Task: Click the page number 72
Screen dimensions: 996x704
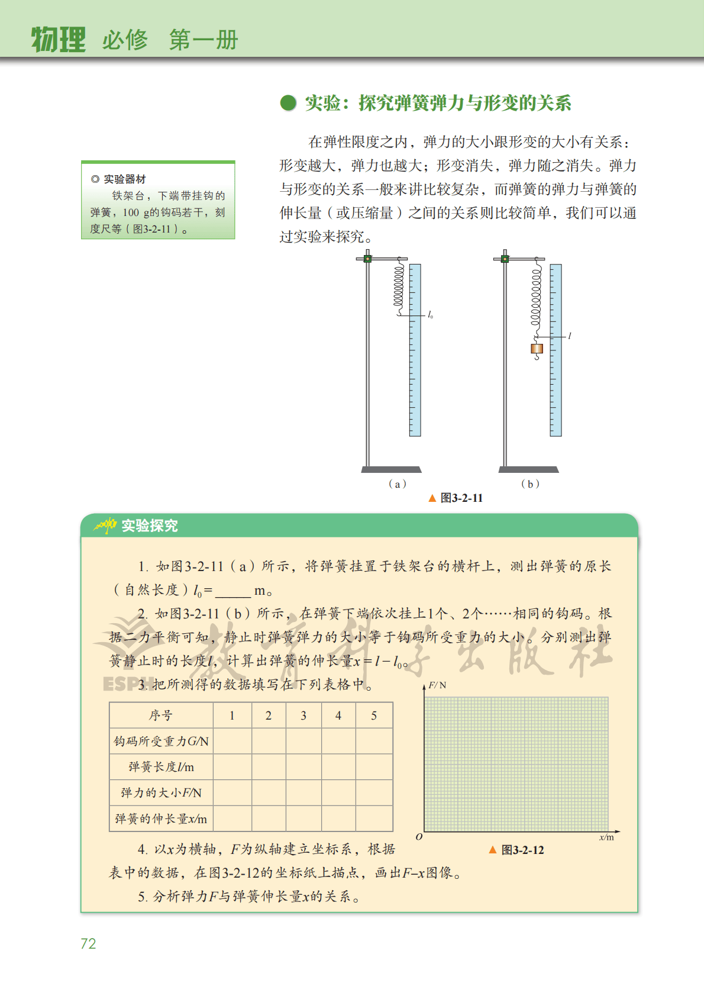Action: pyautogui.click(x=88, y=943)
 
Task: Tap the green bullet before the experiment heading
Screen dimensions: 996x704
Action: pyautogui.click(x=288, y=103)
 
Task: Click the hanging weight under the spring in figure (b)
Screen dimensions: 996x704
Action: pyautogui.click(x=537, y=349)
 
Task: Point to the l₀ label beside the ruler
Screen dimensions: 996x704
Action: pyautogui.click(x=430, y=315)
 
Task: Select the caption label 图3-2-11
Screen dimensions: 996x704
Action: pyautogui.click(x=461, y=498)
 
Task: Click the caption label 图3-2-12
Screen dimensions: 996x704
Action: pyautogui.click(x=522, y=850)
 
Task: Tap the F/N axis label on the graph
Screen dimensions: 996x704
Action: pyautogui.click(x=437, y=685)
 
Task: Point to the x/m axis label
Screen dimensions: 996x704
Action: pyautogui.click(x=606, y=837)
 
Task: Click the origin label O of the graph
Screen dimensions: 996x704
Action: pyautogui.click(x=419, y=837)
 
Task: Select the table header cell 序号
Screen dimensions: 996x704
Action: pyautogui.click(x=161, y=715)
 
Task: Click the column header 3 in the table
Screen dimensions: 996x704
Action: pyautogui.click(x=303, y=715)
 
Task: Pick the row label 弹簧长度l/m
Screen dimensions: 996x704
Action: pyautogui.click(x=161, y=767)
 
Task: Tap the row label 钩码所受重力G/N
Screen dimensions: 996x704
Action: pyautogui.click(x=161, y=741)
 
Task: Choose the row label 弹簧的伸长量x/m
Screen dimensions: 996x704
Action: pyautogui.click(x=161, y=818)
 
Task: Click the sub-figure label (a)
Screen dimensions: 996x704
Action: pyautogui.click(x=397, y=484)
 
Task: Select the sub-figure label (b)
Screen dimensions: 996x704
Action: pyautogui.click(x=529, y=484)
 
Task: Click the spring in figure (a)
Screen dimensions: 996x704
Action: pyautogui.click(x=399, y=286)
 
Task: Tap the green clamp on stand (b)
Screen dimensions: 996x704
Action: pyautogui.click(x=505, y=259)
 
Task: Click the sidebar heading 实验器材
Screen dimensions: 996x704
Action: pyautogui.click(x=124, y=179)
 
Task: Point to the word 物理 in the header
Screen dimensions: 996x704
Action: pyautogui.click(x=58, y=40)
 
